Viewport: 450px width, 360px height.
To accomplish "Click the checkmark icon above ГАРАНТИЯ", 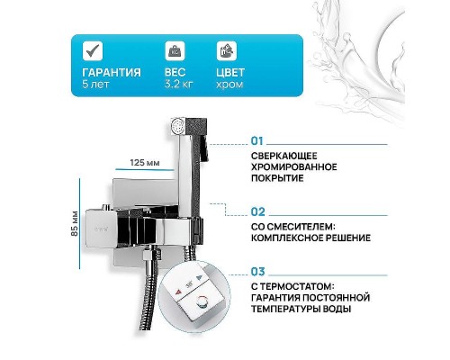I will pyautogui.click(x=92, y=50).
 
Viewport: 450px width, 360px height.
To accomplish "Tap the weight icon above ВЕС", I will pyautogui.click(x=173, y=50).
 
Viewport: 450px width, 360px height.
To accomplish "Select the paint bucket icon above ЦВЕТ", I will pyautogui.click(x=226, y=50).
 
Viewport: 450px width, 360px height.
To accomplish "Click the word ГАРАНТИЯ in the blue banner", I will pyautogui.click(x=111, y=73).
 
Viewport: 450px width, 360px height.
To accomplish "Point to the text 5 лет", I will pyautogui.click(x=92, y=85).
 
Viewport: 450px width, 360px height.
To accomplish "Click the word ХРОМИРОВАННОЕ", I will pyautogui.click(x=294, y=166).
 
